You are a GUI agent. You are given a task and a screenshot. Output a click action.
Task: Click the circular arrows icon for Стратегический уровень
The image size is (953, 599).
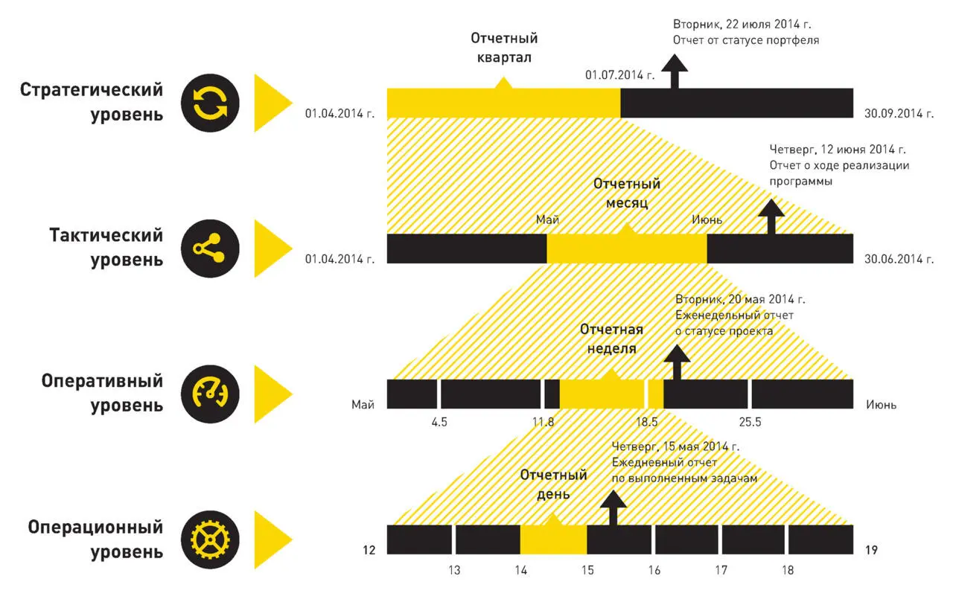pyautogui.click(x=210, y=103)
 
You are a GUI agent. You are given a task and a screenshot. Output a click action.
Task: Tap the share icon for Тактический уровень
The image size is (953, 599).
pyautogui.click(x=210, y=249)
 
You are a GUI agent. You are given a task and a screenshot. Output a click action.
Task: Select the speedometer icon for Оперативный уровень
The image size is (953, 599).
pyautogui.click(x=210, y=394)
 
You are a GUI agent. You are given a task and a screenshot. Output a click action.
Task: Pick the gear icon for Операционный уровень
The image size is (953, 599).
pyautogui.click(x=210, y=540)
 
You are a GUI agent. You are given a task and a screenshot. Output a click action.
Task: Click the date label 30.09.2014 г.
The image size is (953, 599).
pyautogui.click(x=899, y=114)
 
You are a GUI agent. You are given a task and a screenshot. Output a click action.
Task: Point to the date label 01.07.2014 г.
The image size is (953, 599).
pyautogui.click(x=620, y=75)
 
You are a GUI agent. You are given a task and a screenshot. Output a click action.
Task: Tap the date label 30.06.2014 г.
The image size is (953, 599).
pyautogui.click(x=899, y=259)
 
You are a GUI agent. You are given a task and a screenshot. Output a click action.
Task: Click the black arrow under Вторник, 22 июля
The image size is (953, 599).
pyautogui.click(x=675, y=71)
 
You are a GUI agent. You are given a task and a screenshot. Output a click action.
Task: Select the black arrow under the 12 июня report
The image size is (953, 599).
pyautogui.click(x=771, y=217)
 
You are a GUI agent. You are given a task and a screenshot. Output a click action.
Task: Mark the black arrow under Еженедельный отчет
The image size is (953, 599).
pyautogui.click(x=677, y=362)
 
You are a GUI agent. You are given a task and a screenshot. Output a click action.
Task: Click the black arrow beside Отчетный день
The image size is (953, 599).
pyautogui.click(x=613, y=507)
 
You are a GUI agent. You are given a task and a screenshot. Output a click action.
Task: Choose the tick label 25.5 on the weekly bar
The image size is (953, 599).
pyautogui.click(x=750, y=422)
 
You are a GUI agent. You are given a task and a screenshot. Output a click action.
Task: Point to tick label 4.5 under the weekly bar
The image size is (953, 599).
pyautogui.click(x=439, y=422)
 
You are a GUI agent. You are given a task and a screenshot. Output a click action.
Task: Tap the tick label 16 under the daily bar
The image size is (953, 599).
pyautogui.click(x=654, y=570)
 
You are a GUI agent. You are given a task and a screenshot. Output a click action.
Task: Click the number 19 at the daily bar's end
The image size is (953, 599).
pyautogui.click(x=871, y=550)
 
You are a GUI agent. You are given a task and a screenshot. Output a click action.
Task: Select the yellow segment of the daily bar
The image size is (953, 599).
pyautogui.click(x=553, y=540)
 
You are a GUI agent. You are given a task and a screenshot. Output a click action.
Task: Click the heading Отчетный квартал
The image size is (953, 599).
pyautogui.click(x=504, y=48)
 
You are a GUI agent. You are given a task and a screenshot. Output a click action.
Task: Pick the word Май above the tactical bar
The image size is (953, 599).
pyautogui.click(x=547, y=220)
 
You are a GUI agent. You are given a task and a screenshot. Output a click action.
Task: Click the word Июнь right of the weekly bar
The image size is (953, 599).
pyautogui.click(x=881, y=405)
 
